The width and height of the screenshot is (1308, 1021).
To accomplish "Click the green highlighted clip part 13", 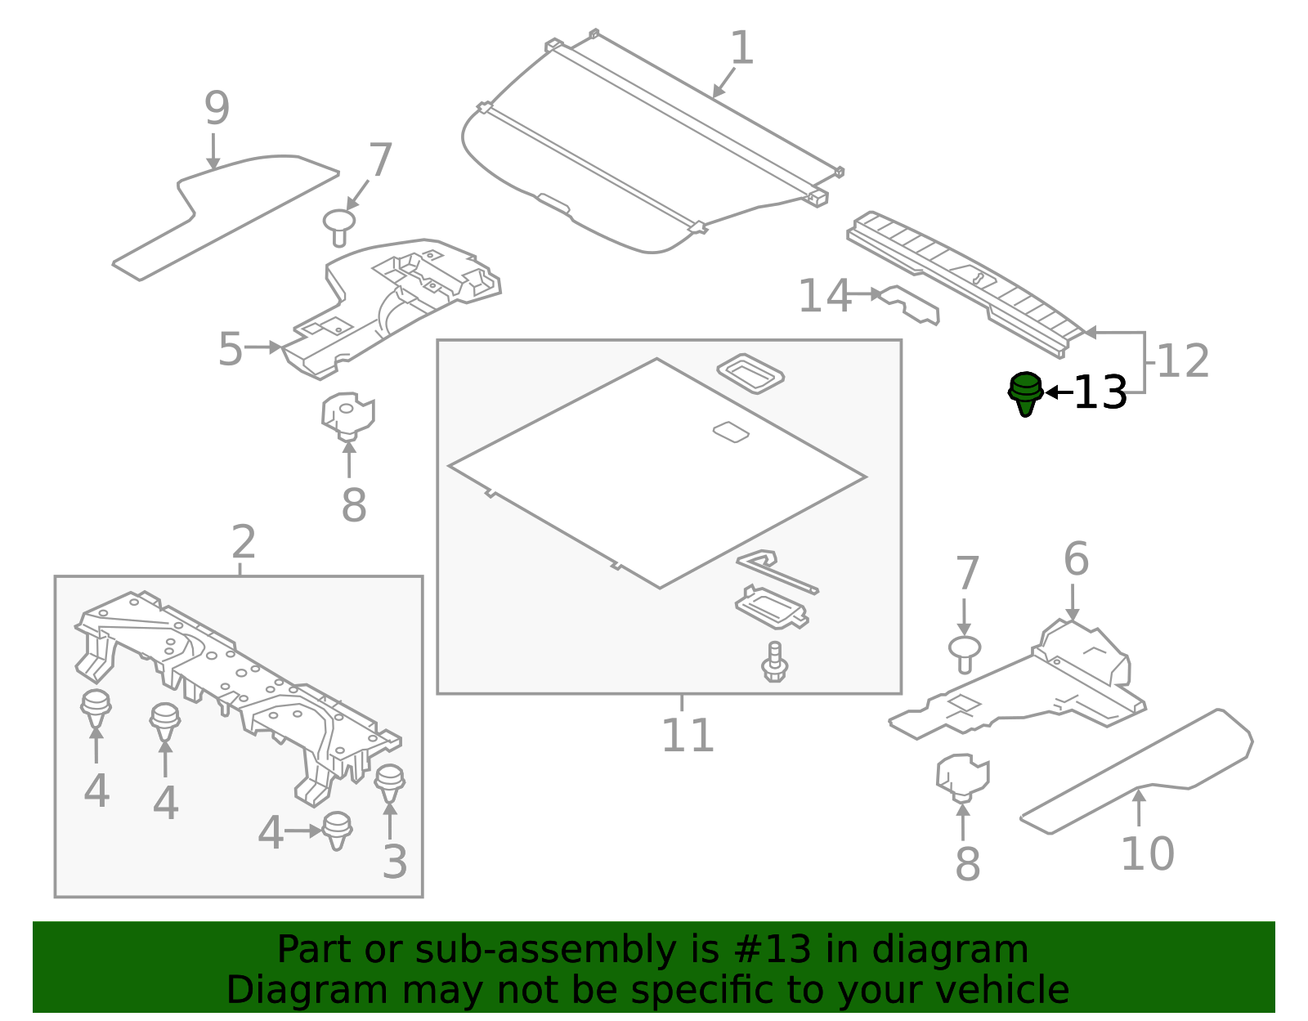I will point(1025,392).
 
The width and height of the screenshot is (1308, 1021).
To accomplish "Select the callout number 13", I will point(1100,393).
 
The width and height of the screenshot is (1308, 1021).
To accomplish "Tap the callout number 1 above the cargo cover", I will point(741,49).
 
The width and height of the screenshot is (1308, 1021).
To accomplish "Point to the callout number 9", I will point(217,109).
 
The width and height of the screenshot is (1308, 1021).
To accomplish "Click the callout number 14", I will point(824,296).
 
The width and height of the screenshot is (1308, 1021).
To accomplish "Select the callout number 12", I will point(1182,361).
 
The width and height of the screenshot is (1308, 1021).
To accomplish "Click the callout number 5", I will point(231,350).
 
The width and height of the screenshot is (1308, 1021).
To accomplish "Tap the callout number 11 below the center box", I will point(687,736).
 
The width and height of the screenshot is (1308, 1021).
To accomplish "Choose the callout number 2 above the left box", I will point(244,542).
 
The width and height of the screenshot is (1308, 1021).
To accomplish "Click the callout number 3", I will point(394,862).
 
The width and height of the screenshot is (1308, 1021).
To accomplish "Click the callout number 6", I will point(1076,560).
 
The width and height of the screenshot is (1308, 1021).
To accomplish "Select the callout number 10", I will point(1146,854).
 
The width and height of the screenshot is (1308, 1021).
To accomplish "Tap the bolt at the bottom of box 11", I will point(774,663).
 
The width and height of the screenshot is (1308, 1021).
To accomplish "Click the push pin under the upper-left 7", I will point(338,226).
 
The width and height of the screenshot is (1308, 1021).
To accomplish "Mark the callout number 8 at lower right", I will point(967,865).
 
